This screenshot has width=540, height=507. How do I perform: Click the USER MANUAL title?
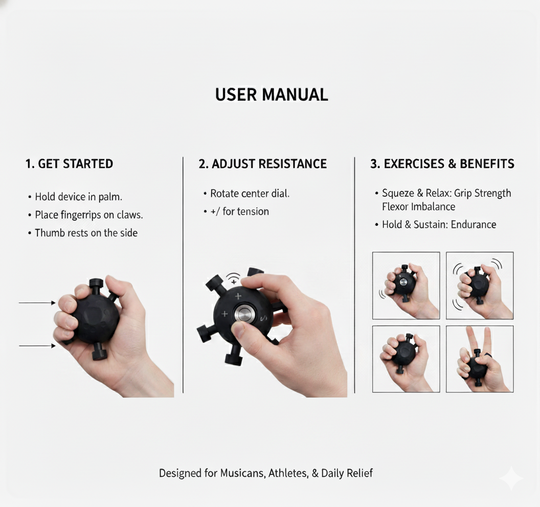tap(272, 95)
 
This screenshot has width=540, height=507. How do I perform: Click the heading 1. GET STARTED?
tap(70, 164)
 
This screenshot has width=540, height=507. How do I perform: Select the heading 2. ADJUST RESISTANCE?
tap(263, 164)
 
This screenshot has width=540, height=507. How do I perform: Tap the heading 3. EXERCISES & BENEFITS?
tap(442, 164)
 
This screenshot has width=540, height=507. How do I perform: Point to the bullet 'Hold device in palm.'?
tap(79, 197)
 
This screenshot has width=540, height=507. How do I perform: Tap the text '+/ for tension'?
tap(239, 212)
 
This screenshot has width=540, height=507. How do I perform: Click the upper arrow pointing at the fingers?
tap(37, 303)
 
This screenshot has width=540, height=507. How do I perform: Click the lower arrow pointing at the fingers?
tap(37, 346)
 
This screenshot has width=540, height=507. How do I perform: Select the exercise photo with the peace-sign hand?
tap(480, 359)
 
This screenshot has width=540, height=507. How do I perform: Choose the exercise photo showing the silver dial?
tap(406, 285)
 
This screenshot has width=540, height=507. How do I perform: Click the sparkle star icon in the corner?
tap(511, 478)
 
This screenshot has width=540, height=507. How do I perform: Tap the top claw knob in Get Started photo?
tap(96, 284)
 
